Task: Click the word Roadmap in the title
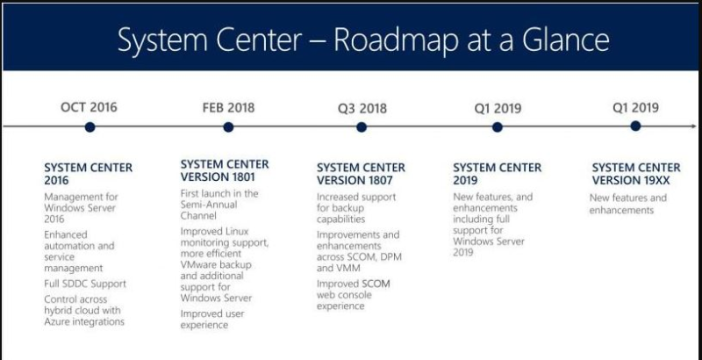[397, 40]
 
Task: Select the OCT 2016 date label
[90, 107]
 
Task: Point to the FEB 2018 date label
[228, 108]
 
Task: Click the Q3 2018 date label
[362, 109]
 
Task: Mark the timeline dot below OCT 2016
[90, 127]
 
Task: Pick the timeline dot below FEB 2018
[228, 127]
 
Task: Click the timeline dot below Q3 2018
[362, 127]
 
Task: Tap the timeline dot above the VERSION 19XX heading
[635, 126]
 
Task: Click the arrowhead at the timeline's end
[694, 126]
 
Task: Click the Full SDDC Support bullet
[85, 284]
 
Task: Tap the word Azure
[57, 321]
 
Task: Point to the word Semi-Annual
[209, 205]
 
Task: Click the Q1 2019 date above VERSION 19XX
[635, 107]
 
